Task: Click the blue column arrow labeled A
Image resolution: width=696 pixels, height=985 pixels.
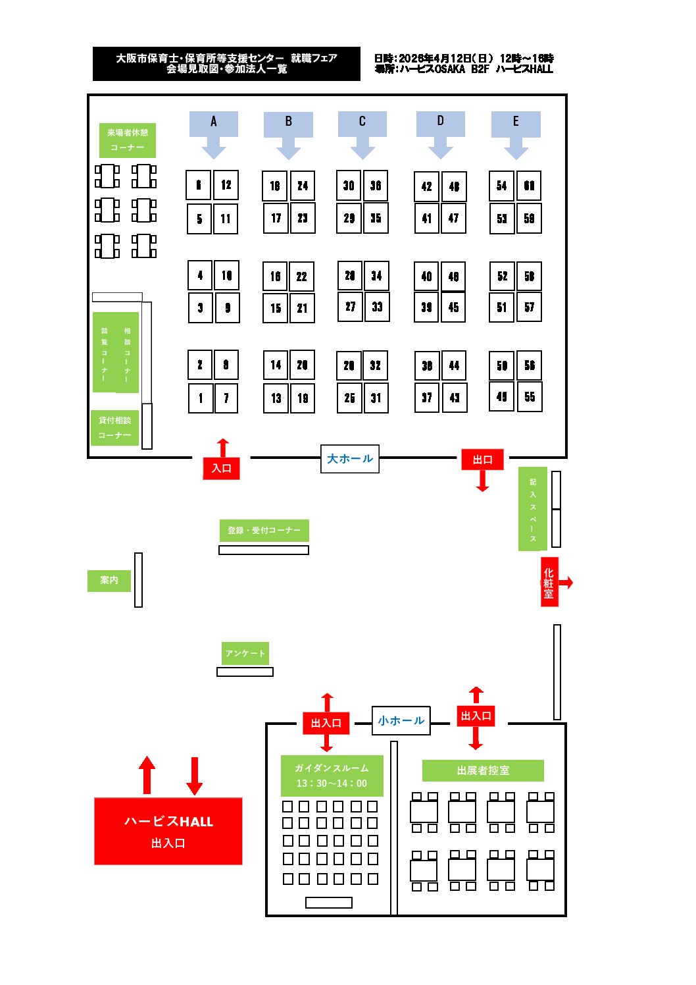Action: point(213,131)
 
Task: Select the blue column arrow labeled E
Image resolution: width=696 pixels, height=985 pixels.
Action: point(516,132)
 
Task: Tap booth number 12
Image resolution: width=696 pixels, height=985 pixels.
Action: point(226,185)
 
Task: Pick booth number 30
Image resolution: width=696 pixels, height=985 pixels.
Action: point(349,186)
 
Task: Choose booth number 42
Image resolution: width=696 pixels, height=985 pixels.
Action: point(426,186)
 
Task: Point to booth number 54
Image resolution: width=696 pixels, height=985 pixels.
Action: point(501,186)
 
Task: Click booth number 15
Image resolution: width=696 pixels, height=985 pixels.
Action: point(276,308)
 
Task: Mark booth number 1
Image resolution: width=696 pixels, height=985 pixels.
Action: point(200,398)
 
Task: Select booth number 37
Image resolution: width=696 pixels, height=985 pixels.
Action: point(426,398)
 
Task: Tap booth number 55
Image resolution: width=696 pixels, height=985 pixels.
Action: point(530,397)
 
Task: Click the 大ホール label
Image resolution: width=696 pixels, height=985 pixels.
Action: point(350,459)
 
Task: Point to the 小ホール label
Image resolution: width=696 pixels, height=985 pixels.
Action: point(401,721)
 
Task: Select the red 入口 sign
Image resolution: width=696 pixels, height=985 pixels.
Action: point(222,468)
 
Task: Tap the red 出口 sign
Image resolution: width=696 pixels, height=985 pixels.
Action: point(482,460)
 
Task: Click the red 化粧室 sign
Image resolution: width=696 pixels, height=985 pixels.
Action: point(549,583)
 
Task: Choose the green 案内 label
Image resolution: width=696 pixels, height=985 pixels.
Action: point(109,581)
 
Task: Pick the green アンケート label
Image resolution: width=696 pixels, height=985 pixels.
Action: point(245,653)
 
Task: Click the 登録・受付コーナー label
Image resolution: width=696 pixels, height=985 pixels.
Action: point(264,530)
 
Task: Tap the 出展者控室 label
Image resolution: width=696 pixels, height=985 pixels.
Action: point(483,770)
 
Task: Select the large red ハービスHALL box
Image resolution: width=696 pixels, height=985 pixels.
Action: point(168,831)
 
